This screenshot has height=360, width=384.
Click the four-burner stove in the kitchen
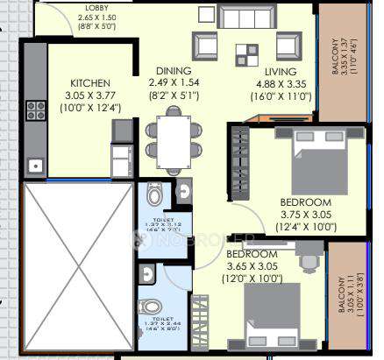point(38,110)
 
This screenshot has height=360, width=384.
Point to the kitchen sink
point(38,164)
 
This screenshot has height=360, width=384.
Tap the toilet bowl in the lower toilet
point(151,308)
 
